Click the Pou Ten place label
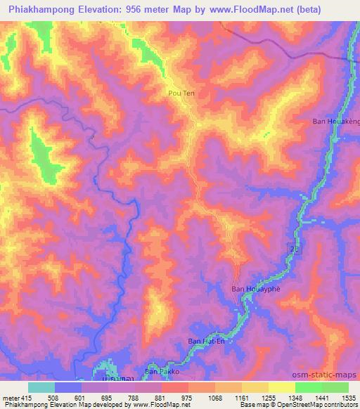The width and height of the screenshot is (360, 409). (181, 92)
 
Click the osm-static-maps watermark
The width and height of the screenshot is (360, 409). (331, 373)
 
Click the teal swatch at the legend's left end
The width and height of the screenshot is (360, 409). (41, 387)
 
